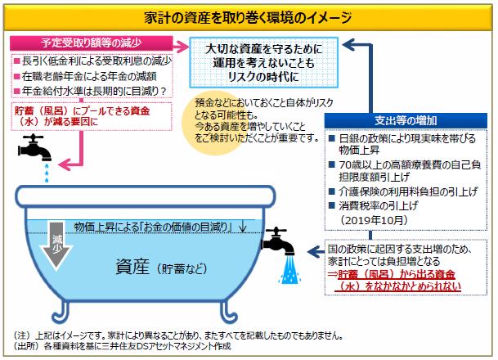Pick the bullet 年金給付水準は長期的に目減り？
(x=91, y=91)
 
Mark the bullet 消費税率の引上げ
(x=381, y=207)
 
